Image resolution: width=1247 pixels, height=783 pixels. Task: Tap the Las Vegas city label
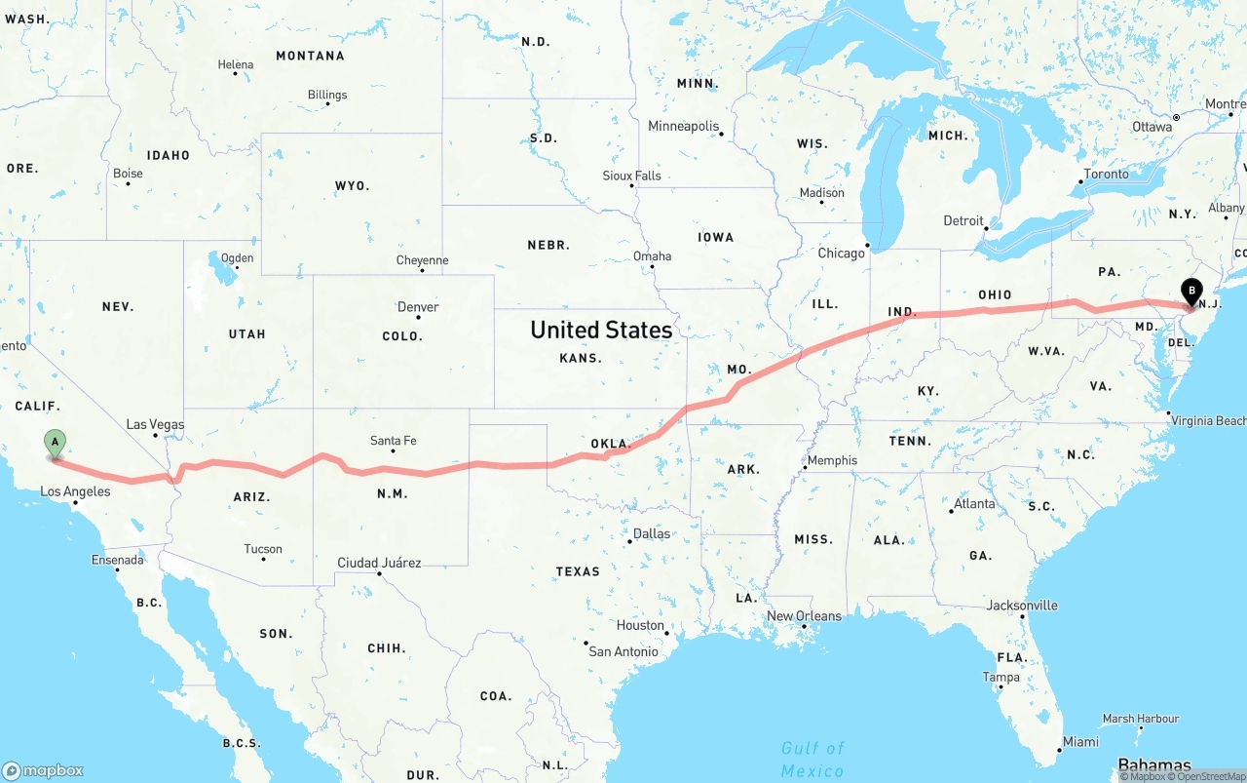[x=155, y=424]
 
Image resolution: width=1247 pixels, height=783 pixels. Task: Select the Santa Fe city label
[x=393, y=441]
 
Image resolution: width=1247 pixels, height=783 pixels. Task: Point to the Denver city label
[x=418, y=307]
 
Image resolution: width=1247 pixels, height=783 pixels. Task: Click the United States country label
[x=601, y=330]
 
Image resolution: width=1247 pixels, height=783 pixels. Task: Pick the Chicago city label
[x=841, y=254]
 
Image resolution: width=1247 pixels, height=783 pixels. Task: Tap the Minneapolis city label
[x=683, y=127]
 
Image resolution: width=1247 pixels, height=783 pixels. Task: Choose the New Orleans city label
[x=804, y=616]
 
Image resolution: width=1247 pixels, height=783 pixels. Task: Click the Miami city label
[x=1080, y=742]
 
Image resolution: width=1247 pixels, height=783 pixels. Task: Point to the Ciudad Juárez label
[x=379, y=563]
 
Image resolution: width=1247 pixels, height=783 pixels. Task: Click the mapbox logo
[x=43, y=770]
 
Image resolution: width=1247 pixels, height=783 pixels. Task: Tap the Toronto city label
[x=1106, y=175]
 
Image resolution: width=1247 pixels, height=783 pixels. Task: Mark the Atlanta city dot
[x=951, y=510]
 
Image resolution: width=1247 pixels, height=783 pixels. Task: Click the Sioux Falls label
[x=631, y=176]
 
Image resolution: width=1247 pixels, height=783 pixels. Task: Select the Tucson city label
[x=263, y=549]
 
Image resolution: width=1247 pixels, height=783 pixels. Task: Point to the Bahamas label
[x=1153, y=764]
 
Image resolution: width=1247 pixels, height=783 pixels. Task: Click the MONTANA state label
[x=310, y=56]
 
